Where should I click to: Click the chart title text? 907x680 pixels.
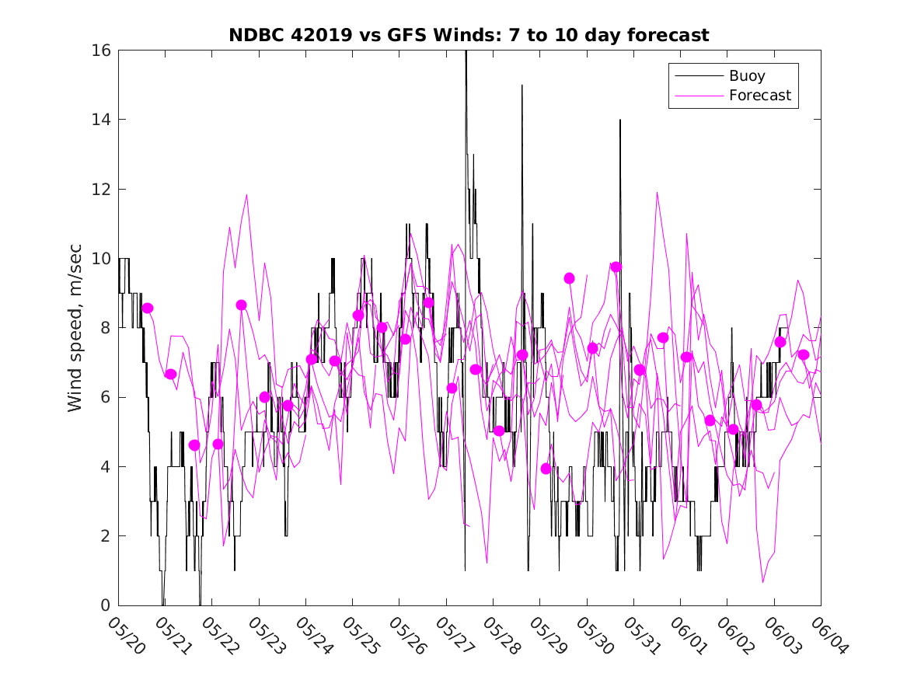469,36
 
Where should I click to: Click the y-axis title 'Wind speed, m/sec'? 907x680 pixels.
75,328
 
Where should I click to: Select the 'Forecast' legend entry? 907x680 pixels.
759,96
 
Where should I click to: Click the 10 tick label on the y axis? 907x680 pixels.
101,259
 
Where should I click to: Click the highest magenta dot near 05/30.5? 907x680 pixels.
616,267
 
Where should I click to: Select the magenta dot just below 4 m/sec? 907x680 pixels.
546,469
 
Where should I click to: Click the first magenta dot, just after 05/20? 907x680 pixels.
148,309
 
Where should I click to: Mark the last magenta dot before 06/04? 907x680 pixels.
804,355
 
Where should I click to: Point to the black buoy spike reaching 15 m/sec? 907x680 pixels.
522,86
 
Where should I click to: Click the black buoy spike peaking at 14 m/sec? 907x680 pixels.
620,121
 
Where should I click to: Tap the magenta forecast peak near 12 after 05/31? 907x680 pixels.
658,193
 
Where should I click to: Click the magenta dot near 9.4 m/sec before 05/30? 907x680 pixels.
569,278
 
